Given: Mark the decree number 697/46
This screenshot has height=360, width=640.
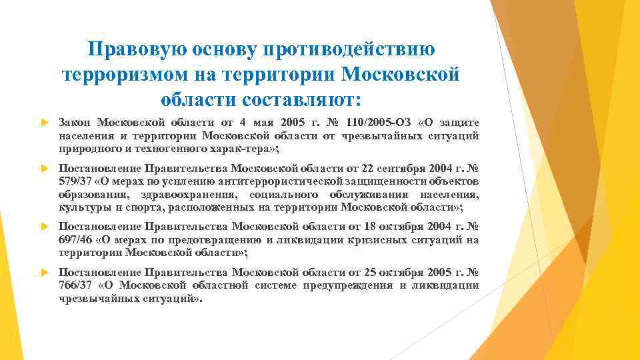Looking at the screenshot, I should click(73, 241).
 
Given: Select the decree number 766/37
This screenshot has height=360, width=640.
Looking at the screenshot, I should click(75, 285).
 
